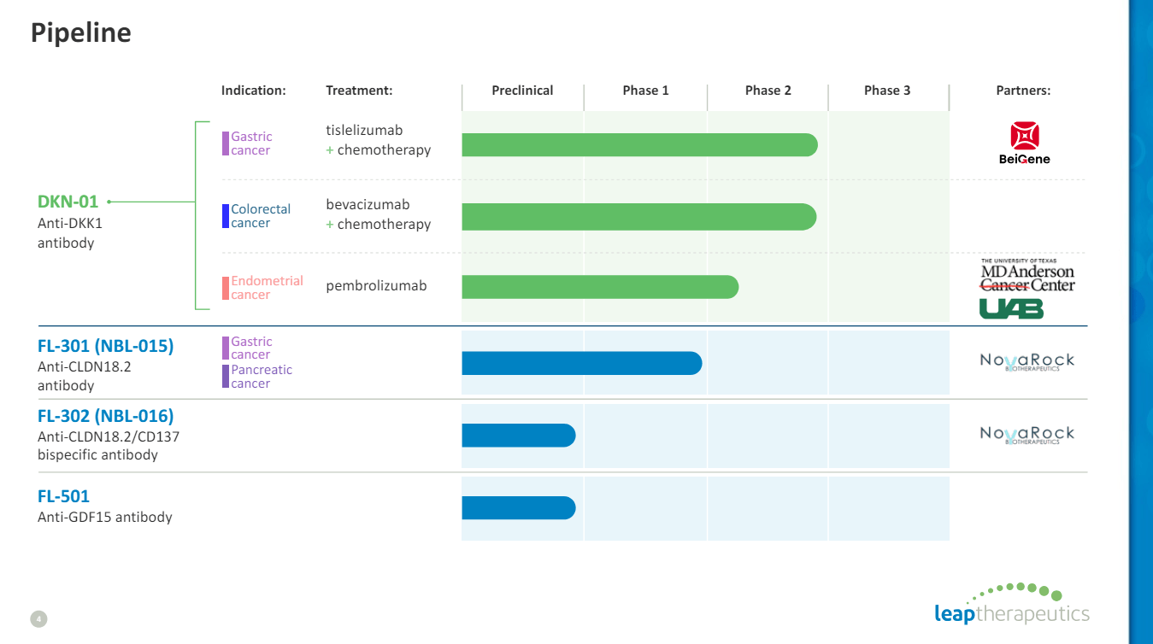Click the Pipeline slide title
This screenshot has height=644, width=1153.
81,32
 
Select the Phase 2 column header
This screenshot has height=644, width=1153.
768,91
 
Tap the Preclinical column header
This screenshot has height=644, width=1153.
522,91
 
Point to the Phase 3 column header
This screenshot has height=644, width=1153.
887,91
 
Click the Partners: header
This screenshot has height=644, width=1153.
1023,91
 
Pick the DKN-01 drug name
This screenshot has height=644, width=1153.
68,202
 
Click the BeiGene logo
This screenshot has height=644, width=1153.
1024,143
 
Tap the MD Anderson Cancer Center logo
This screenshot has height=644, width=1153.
1027,275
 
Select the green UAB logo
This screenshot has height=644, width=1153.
1011,308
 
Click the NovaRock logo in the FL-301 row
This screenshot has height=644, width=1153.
1027,362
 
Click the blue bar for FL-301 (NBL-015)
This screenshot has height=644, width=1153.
581,363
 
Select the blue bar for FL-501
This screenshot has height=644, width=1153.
518,508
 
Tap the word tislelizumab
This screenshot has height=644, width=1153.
364,131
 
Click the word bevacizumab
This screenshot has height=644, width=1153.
368,205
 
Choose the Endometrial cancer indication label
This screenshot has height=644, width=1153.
266,288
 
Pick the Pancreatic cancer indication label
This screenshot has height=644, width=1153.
261,377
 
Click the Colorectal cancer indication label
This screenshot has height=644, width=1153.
260,216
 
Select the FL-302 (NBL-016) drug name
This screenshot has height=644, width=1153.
105,417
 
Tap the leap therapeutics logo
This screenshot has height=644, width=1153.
1012,605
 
